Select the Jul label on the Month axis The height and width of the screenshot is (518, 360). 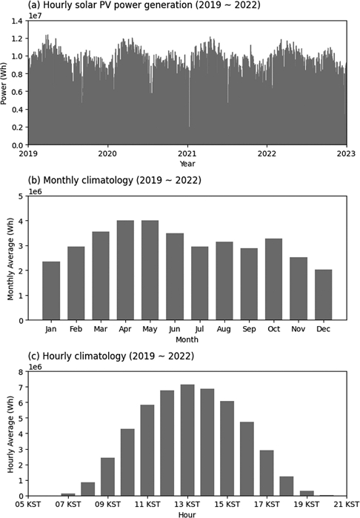[199, 328]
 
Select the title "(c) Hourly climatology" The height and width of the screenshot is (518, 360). [107, 356]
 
